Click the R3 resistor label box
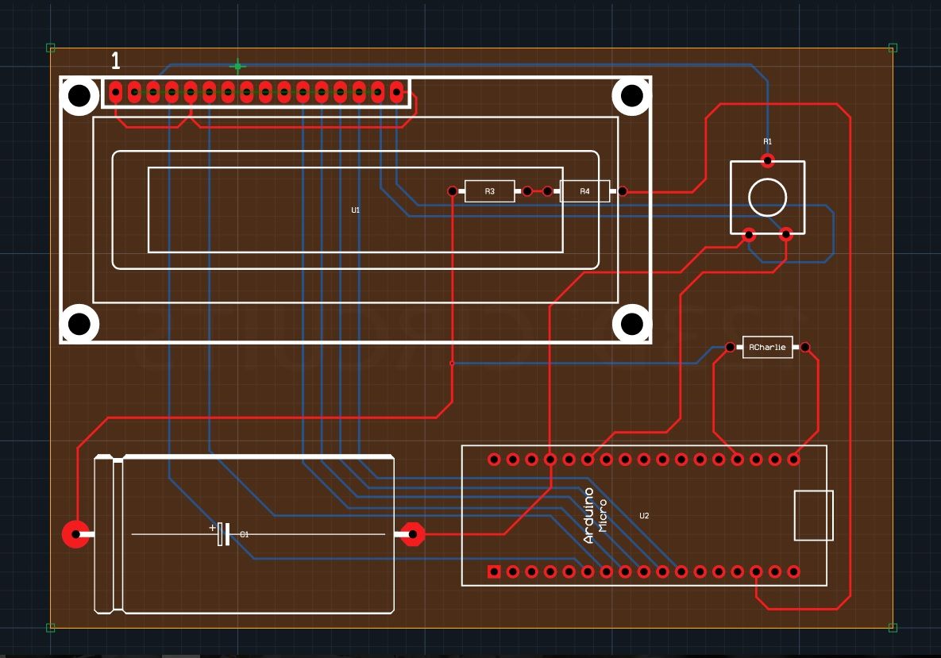pyautogui.click(x=489, y=191)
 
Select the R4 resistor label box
pyautogui.click(x=584, y=191)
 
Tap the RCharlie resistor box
pyautogui.click(x=767, y=348)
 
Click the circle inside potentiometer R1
pyautogui.click(x=767, y=197)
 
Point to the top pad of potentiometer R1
pyautogui.click(x=767, y=161)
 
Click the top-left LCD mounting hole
pyautogui.click(x=79, y=96)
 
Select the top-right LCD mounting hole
pyautogui.click(x=631, y=96)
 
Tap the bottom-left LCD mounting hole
pyautogui.click(x=79, y=324)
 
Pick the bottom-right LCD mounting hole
pyautogui.click(x=631, y=324)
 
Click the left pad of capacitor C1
pyautogui.click(x=76, y=534)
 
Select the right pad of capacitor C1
pyautogui.click(x=412, y=534)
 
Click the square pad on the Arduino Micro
pyautogui.click(x=494, y=571)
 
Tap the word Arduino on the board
pyautogui.click(x=589, y=516)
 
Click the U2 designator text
pyautogui.click(x=644, y=516)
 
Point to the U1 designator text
pyautogui.click(x=356, y=210)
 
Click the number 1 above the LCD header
pyautogui.click(x=116, y=61)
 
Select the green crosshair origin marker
pyautogui.click(x=237, y=67)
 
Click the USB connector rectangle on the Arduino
pyautogui.click(x=813, y=515)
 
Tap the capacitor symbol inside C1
pyautogui.click(x=222, y=534)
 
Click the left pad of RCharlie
pyautogui.click(x=731, y=348)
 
